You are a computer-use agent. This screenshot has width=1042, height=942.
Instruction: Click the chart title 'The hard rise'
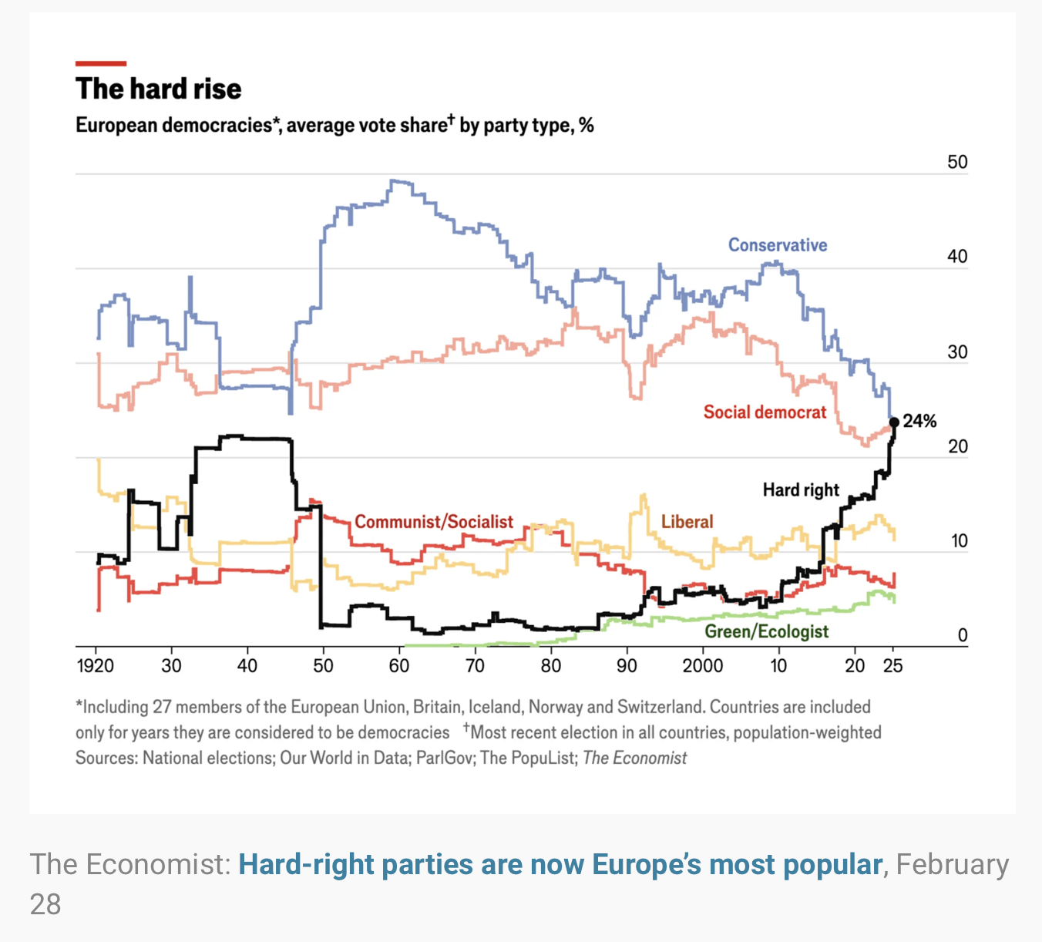158,89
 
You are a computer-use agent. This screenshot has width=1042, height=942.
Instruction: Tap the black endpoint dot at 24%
894,422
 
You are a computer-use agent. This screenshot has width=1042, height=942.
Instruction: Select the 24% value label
919,421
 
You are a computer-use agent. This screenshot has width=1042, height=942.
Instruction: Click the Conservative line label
778,245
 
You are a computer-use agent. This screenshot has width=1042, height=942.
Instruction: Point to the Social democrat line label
765,412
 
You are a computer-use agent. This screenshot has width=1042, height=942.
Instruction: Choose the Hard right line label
801,490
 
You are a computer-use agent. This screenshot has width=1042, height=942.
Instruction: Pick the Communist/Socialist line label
434,522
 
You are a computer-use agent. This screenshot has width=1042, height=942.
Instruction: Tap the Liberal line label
687,522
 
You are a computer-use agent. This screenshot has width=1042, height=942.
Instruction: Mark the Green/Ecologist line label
767,632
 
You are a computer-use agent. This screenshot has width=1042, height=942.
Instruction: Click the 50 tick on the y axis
957,162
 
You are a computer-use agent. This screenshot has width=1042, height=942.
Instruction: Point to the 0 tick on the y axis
962,635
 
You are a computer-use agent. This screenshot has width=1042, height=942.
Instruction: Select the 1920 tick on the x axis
96,666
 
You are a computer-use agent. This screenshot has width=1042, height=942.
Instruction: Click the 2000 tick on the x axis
702,666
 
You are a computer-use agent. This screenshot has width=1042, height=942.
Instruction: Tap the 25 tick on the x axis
892,666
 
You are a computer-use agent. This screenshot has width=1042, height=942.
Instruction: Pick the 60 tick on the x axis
399,666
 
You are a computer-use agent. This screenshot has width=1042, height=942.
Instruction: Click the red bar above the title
101,63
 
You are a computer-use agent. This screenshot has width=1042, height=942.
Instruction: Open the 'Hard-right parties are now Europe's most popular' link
560,865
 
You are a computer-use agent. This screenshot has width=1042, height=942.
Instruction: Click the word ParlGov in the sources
445,758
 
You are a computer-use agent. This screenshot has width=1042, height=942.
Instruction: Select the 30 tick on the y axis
957,352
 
